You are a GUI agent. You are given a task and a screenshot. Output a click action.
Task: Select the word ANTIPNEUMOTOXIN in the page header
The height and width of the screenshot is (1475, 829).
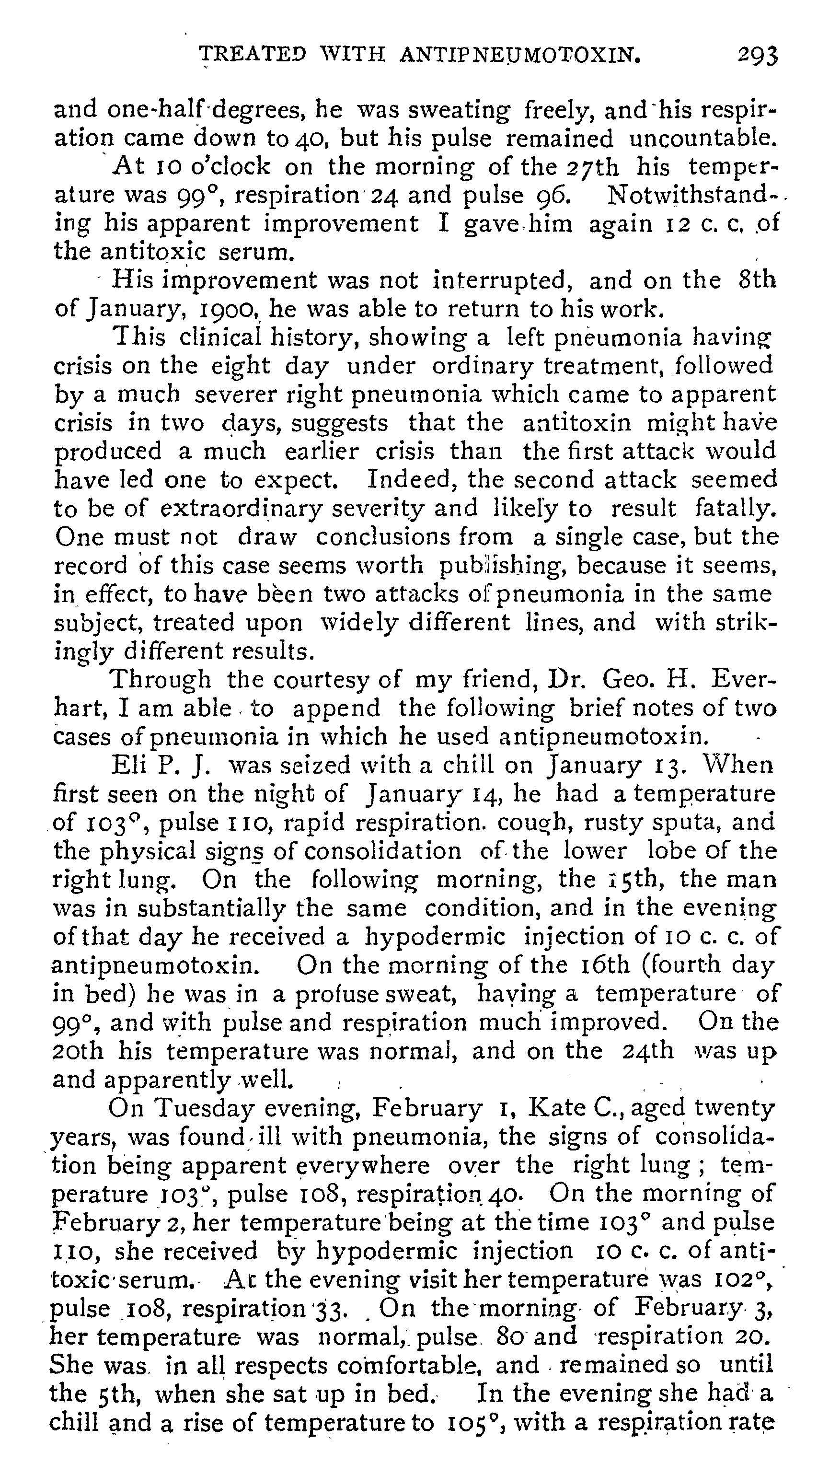click(519, 55)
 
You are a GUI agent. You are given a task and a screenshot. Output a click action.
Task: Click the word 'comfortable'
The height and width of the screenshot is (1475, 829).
click(400, 1366)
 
